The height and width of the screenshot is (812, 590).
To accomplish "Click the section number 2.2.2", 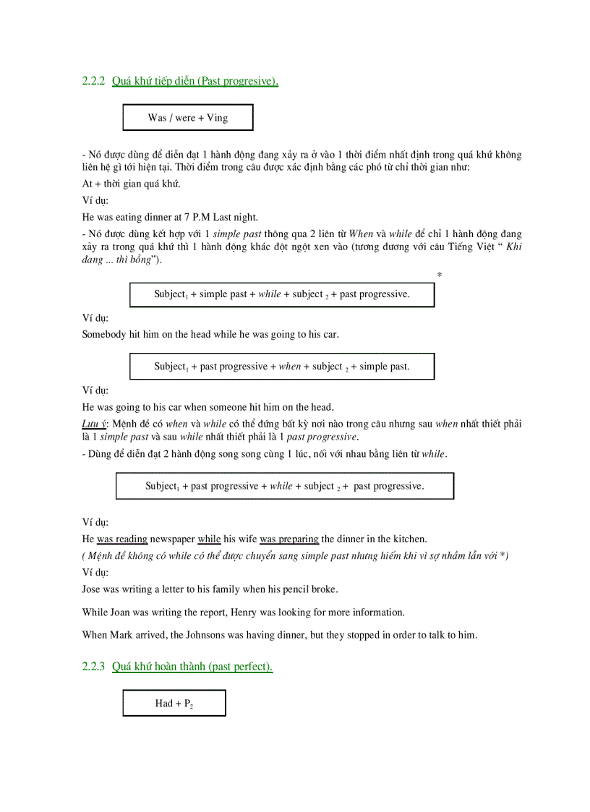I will [x=94, y=82].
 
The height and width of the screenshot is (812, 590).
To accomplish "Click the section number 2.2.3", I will [x=94, y=667].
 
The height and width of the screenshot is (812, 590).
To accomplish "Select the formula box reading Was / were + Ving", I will [x=188, y=118].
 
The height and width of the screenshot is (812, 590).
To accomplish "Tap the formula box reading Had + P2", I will [x=174, y=704].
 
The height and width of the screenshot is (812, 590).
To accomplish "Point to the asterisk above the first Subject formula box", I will [x=440, y=275].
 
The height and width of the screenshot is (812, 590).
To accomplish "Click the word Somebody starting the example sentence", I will [x=106, y=334].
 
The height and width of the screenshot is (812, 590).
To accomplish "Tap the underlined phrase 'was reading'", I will [x=122, y=539].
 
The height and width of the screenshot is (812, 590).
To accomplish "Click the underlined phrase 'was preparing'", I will [x=289, y=539].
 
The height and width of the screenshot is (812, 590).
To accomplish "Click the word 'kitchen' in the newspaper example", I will [x=409, y=539].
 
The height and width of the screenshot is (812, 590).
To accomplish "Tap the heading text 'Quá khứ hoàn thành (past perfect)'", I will [x=192, y=667].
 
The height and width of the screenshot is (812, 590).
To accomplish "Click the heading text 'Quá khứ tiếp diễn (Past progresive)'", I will [x=195, y=82].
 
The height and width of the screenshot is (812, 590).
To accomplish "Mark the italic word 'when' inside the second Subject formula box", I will [x=289, y=367].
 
